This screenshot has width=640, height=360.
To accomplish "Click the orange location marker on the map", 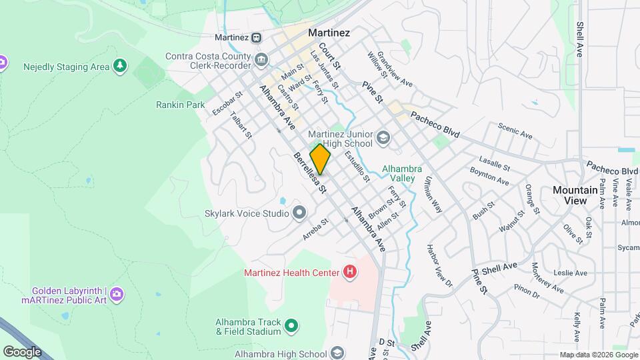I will tap(320, 159).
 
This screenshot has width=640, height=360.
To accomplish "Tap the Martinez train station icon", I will tap(257, 37).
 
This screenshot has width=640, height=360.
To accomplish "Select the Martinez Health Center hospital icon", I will tap(349, 271).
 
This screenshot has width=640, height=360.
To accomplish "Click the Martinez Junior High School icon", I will tap(383, 138).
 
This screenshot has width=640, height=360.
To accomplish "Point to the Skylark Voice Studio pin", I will tap(299, 213).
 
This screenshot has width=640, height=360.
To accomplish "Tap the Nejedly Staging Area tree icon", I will tap(119, 66).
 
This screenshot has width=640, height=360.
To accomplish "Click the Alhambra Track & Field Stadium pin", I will tap(291, 326).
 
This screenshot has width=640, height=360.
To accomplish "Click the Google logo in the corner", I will tap(22, 351).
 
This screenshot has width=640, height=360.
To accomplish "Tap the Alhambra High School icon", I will tap(337, 353).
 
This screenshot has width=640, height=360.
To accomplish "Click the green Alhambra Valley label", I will tap(399, 173).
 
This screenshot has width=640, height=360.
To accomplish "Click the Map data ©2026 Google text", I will tap(597, 355).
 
